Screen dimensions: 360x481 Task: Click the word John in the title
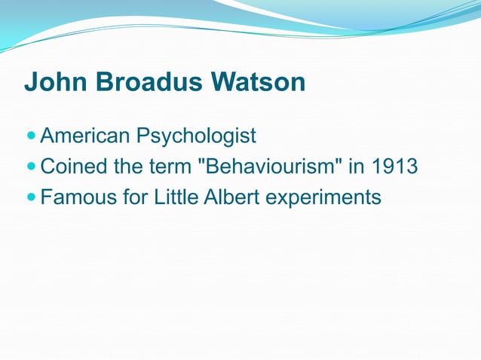(x=52, y=82)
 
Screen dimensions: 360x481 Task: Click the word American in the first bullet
(x=84, y=136)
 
